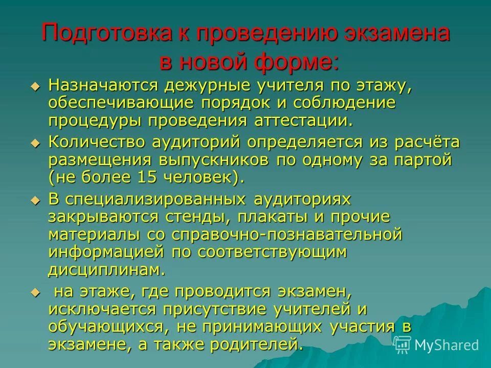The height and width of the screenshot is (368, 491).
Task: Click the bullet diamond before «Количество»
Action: (x=35, y=143)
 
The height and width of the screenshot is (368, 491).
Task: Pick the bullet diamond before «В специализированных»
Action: (x=35, y=200)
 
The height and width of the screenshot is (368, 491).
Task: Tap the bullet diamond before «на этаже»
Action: (x=35, y=291)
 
